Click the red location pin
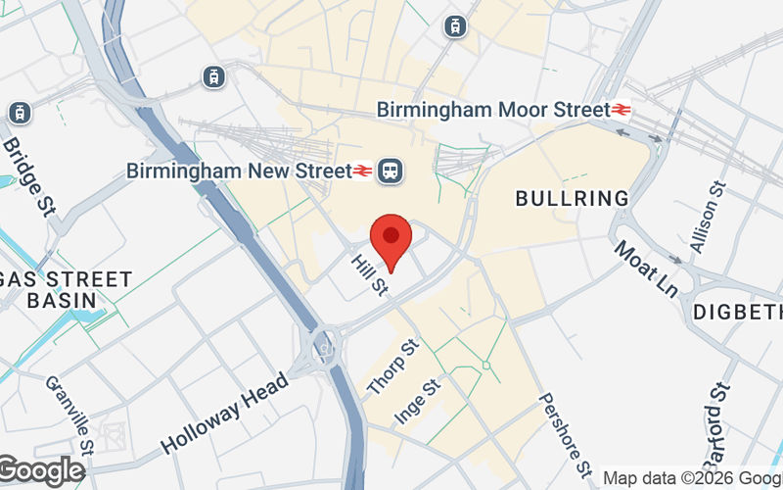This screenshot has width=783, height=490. coord(391,241)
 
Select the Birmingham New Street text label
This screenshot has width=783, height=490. coord(239,171)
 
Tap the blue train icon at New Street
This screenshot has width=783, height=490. coord(392,171)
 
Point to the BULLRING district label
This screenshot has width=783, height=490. coord(573,199)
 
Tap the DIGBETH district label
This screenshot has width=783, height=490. coord(739,313)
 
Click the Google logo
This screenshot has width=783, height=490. coord(41,471)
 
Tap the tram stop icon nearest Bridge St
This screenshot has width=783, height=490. coord(20,113)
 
